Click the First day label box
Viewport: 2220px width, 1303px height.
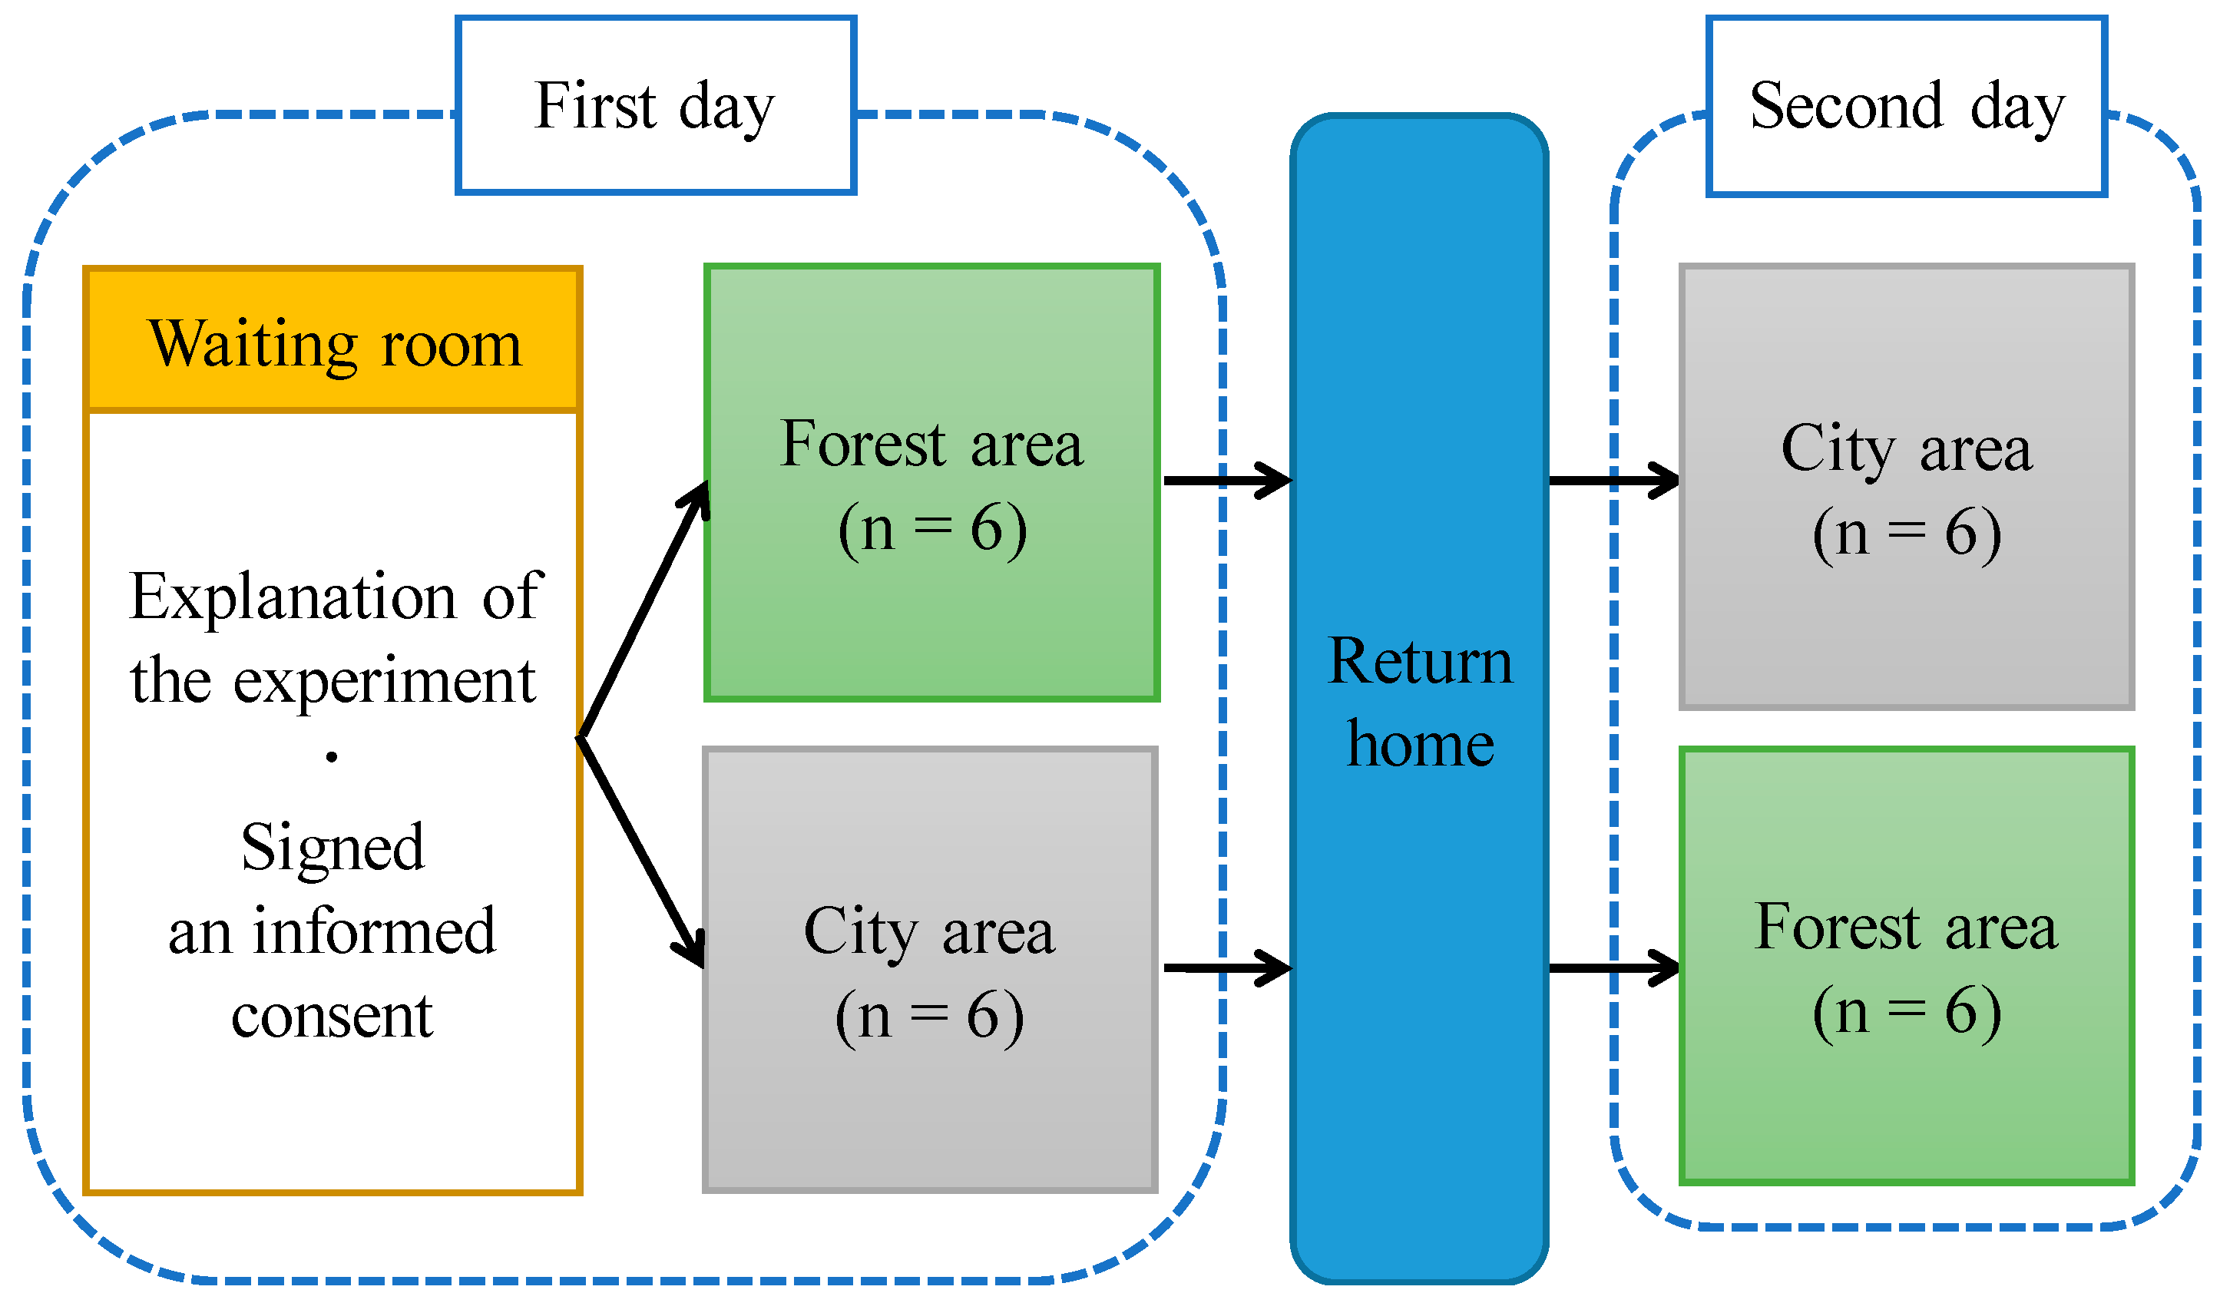656,106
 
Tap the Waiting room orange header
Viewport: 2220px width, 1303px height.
333,341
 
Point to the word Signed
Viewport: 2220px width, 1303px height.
333,848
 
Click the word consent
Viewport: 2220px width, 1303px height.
333,1016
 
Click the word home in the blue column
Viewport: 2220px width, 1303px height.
1420,745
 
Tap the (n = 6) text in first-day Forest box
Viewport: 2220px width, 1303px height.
932,528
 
